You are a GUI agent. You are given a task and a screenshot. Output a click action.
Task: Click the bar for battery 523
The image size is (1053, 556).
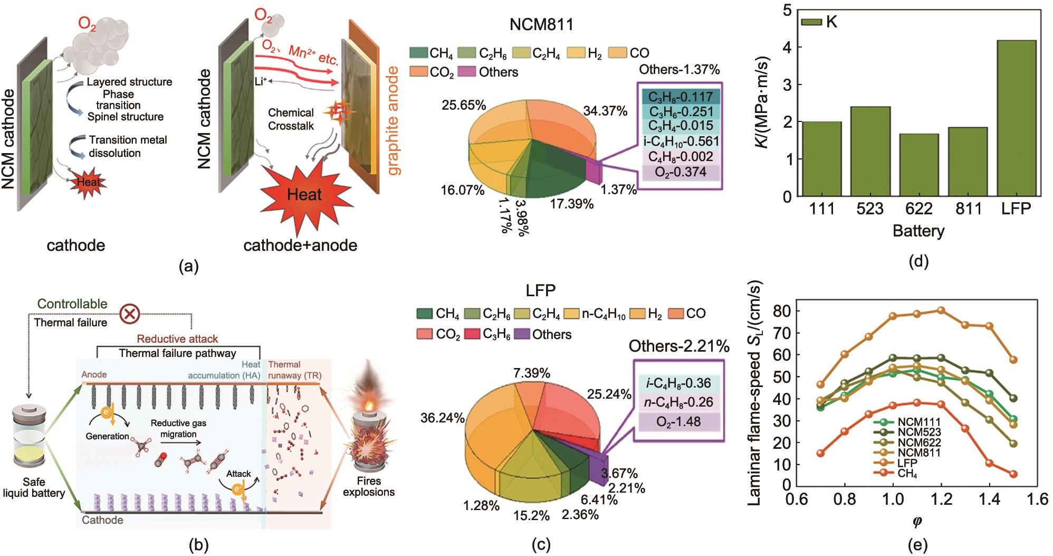pos(870,151)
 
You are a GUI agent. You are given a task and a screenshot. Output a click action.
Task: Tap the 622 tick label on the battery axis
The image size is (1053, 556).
pos(918,209)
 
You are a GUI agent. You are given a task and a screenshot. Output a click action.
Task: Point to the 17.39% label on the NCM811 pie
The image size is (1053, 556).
pos(571,203)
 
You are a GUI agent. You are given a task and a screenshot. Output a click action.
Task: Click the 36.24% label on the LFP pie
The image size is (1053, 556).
pos(442,419)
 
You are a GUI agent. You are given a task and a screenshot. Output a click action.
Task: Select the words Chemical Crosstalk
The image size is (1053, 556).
pos(291,119)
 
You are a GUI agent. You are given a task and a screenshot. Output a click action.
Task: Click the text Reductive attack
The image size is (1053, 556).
pos(177,339)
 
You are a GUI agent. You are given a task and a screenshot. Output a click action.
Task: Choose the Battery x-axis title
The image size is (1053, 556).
pos(918,231)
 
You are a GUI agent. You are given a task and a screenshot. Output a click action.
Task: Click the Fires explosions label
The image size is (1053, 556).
pos(368,487)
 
